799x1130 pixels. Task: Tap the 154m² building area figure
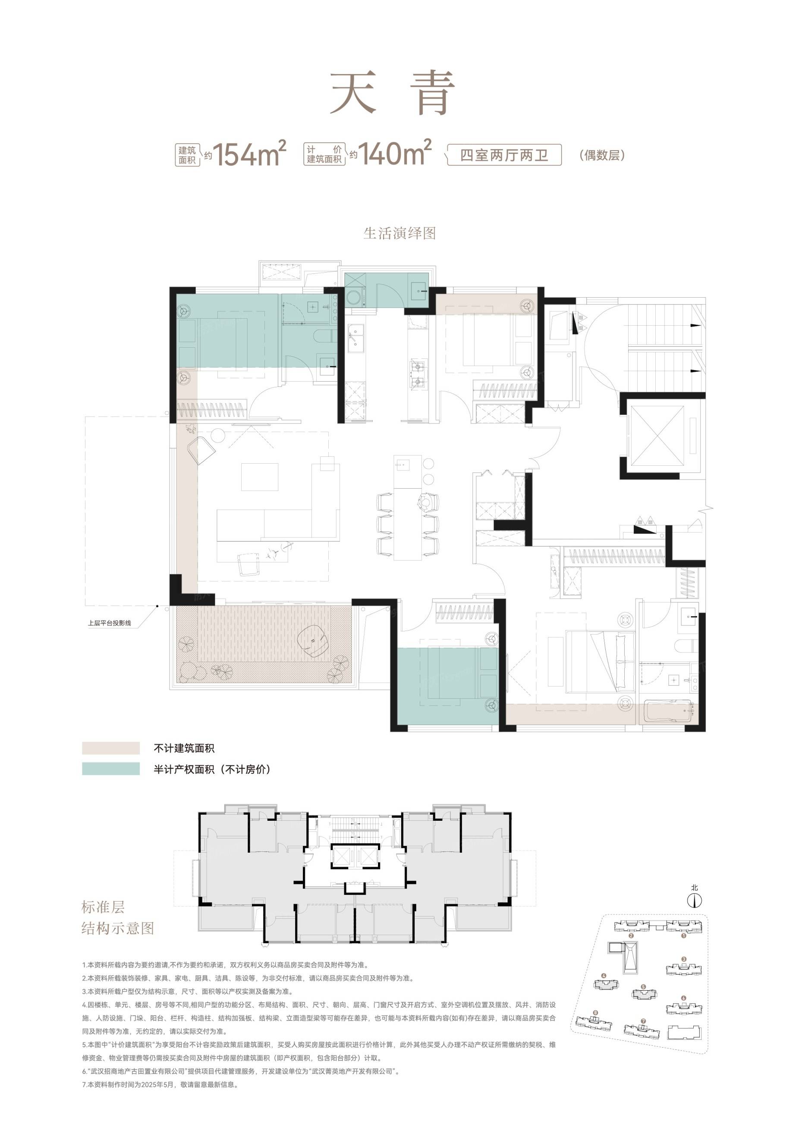click(250, 153)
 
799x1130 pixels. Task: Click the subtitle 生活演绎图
click(400, 233)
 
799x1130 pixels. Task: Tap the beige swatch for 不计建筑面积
click(111, 748)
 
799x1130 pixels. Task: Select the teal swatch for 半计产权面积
click(111, 769)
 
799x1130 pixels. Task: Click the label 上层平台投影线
click(110, 623)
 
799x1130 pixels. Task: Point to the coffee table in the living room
click(259, 477)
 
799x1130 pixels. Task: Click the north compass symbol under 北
click(694, 901)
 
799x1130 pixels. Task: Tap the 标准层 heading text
click(104, 907)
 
